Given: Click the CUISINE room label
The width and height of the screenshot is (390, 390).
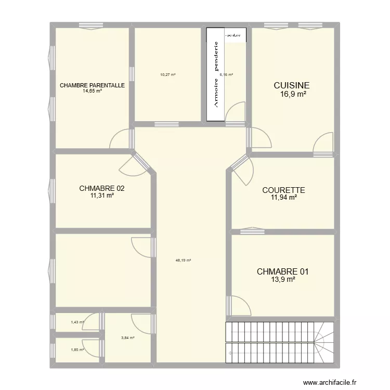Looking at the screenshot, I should (x=292, y=85).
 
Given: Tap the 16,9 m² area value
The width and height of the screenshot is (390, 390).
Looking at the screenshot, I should (x=292, y=94).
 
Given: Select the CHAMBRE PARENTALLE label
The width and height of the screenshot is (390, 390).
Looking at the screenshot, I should (x=92, y=85).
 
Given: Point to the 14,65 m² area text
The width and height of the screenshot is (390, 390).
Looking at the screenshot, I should (x=92, y=91).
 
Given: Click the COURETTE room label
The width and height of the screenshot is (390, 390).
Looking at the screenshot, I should (x=283, y=191).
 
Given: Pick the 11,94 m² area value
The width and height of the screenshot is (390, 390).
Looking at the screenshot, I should (x=283, y=198).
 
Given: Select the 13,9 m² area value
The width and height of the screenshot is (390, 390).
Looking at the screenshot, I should (x=283, y=280).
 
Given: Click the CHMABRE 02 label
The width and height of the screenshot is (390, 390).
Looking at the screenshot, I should (x=102, y=189).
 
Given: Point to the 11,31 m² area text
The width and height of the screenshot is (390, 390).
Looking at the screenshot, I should (x=102, y=196).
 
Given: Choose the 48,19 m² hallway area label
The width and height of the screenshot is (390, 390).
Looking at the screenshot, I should (x=185, y=261).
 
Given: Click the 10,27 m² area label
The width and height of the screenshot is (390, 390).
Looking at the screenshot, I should (x=168, y=75).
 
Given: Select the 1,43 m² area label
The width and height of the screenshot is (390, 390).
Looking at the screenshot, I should (x=77, y=322).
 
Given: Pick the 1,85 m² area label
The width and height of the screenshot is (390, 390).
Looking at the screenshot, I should (x=77, y=349).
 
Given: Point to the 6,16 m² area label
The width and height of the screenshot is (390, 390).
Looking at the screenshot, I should (x=227, y=75).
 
